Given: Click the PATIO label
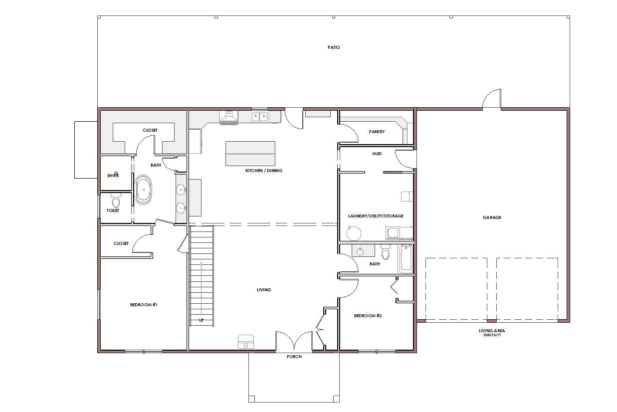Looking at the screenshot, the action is tap(334, 47).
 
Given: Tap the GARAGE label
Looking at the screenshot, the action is tap(492, 217).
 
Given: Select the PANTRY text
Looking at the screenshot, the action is tap(377, 132).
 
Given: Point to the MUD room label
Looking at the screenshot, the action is tap(377, 154).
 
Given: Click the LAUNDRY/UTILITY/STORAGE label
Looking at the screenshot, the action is tap(376, 216).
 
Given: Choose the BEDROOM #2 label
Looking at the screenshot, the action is tap(368, 316).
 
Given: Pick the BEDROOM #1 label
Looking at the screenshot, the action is tap(144, 305).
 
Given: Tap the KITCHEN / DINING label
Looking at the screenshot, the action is tap(264, 171).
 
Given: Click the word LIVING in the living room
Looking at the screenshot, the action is tap(264, 290).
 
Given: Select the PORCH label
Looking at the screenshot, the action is tap(294, 357).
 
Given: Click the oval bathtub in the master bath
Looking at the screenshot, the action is tap(143, 189).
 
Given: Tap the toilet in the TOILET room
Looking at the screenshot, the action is tap(116, 201).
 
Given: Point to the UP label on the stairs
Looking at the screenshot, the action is tap(202, 320).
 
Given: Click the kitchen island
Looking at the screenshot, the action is tap(250, 154).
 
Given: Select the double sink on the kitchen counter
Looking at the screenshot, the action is tap(259, 117).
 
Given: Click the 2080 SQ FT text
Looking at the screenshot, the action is tap(492, 335).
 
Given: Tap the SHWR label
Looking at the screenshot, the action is tap(113, 176).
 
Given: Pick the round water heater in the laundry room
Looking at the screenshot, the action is tap(354, 233).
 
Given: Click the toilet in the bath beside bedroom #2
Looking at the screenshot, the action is tap(386, 251).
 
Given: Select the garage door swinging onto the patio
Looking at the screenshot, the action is tap(492, 99).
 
